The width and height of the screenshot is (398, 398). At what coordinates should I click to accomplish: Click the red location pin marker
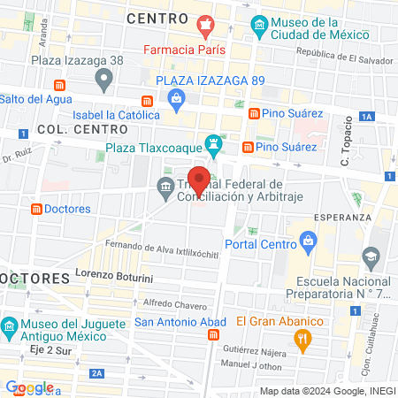pyautogui.click(x=200, y=180)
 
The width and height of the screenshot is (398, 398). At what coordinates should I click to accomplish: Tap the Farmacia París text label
pyautogui.click(x=185, y=50)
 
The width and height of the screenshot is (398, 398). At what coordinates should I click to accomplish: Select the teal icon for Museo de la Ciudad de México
pyautogui.click(x=258, y=24)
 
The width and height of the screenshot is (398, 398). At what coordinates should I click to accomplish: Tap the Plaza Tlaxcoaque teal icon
pyautogui.click(x=213, y=142)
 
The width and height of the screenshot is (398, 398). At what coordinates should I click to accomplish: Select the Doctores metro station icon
pyautogui.click(x=37, y=210)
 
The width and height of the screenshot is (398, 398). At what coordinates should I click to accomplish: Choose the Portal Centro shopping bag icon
pyautogui.click(x=308, y=239)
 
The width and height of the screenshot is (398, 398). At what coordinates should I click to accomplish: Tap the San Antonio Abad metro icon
pyautogui.click(x=213, y=336)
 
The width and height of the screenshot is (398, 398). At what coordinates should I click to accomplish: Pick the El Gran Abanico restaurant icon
pyautogui.click(x=302, y=337)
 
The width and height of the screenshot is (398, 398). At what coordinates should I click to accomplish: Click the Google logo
pyautogui.click(x=29, y=387)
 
